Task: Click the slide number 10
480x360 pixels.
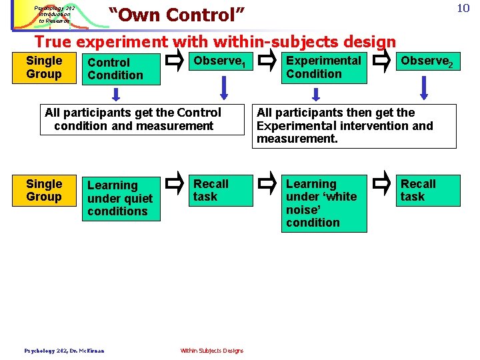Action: [463, 9]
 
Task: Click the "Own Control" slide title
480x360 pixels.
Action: [177, 14]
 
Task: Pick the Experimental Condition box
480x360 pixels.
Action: [323, 67]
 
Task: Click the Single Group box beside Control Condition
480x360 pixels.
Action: [44, 67]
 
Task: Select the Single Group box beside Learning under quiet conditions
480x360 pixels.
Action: [44, 191]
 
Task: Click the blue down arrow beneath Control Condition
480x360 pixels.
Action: [116, 94]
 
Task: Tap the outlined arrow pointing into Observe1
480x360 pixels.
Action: [175, 62]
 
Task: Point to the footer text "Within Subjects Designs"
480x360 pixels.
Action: [212, 351]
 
